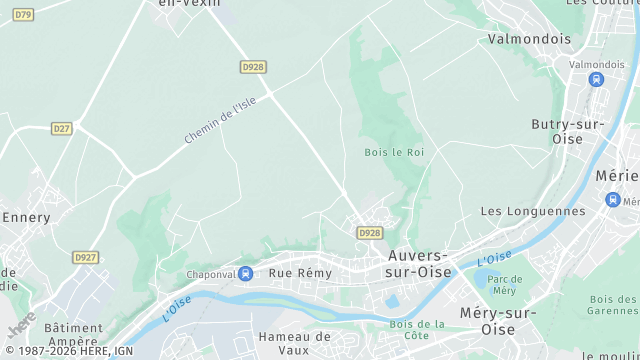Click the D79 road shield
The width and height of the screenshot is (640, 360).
tap(23, 15)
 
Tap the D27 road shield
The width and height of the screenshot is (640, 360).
tap(62, 128)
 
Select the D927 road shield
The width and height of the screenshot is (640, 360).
tap(86, 257)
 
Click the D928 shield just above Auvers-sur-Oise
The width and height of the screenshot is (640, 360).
tap(370, 232)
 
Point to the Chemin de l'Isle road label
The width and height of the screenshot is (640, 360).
tap(220, 120)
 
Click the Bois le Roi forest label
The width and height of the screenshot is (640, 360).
tap(394, 152)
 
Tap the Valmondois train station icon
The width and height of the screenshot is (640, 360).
tap(597, 80)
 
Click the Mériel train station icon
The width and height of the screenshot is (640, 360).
tap(612, 199)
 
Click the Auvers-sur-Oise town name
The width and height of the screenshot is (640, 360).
tap(419, 263)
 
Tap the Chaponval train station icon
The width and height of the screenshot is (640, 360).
tap(246, 273)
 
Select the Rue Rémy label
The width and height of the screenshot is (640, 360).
tap(300, 272)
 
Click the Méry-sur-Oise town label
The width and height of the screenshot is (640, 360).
tap(501, 321)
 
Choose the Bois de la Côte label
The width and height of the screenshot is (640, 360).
tap(417, 329)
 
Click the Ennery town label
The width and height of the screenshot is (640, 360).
tap(27, 216)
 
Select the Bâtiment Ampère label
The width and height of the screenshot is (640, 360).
tap(73, 333)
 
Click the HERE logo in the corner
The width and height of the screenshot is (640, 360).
tap(22, 326)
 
